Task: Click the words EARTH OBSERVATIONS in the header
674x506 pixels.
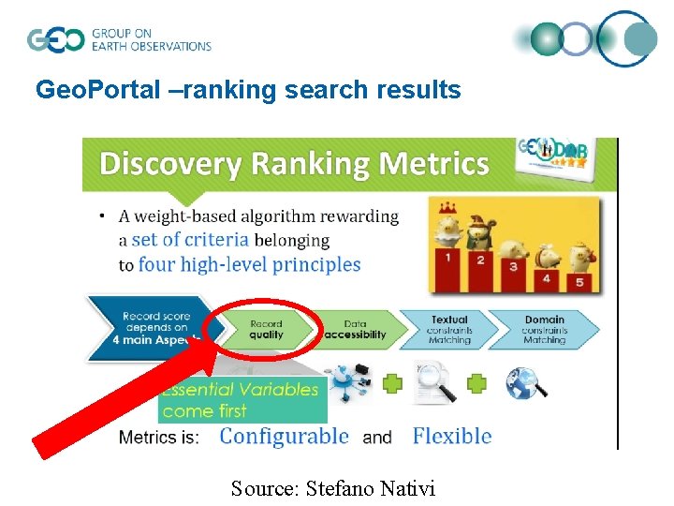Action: click(151, 46)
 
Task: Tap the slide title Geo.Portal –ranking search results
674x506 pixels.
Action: click(248, 90)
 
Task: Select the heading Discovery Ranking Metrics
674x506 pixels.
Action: click(294, 164)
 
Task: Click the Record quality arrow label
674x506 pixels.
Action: click(267, 329)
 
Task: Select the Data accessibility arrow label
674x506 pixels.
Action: click(355, 329)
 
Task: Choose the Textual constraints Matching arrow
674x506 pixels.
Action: click(450, 329)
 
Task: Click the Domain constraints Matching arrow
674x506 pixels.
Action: click(544, 329)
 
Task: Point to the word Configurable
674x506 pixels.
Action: click(284, 436)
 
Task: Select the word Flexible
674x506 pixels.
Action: click(452, 436)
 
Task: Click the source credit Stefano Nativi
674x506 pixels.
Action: click(335, 487)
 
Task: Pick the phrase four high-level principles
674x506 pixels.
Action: click(249, 264)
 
